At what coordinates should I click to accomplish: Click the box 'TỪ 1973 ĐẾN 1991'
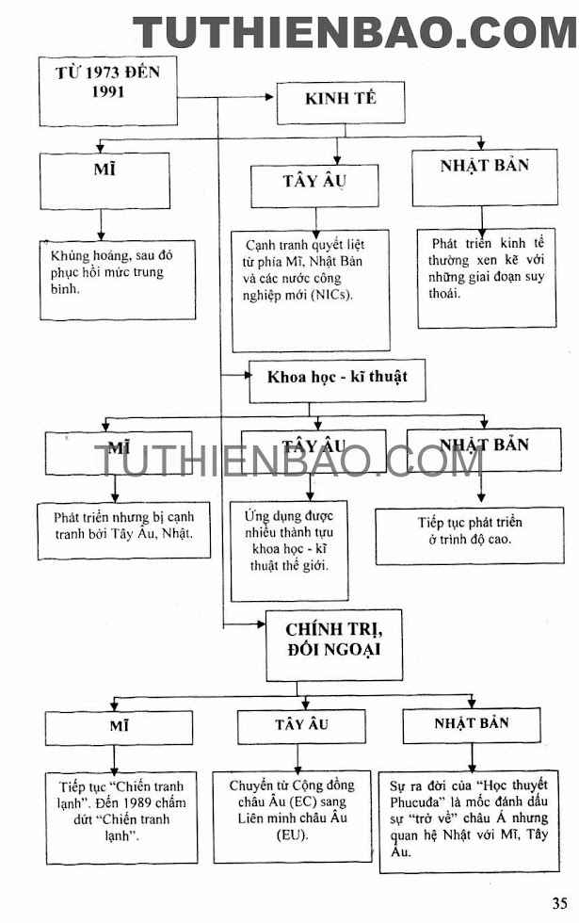point(107,90)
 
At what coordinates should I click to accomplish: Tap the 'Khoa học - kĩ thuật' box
point(336,381)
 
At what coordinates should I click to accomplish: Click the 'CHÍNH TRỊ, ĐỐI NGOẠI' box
point(333,644)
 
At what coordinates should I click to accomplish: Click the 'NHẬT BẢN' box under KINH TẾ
point(484,178)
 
